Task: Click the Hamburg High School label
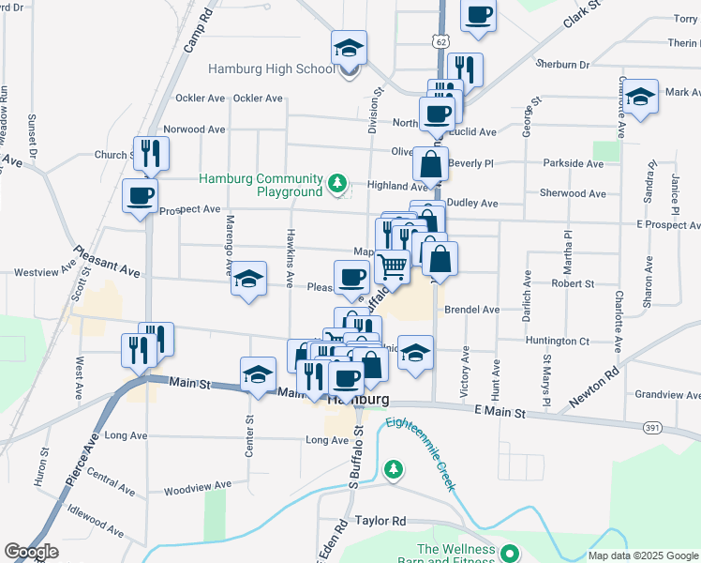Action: [x=270, y=68]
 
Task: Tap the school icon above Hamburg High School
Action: [x=349, y=48]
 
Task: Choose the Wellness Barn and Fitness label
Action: [x=455, y=556]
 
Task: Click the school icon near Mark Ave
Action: [x=640, y=97]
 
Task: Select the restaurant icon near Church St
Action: [x=151, y=153]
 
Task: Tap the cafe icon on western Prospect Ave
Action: [x=141, y=196]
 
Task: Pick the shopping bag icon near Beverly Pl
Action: [x=430, y=164]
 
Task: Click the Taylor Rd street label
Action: [x=380, y=521]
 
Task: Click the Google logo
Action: [x=32, y=551]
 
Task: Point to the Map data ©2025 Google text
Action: [x=643, y=555]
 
